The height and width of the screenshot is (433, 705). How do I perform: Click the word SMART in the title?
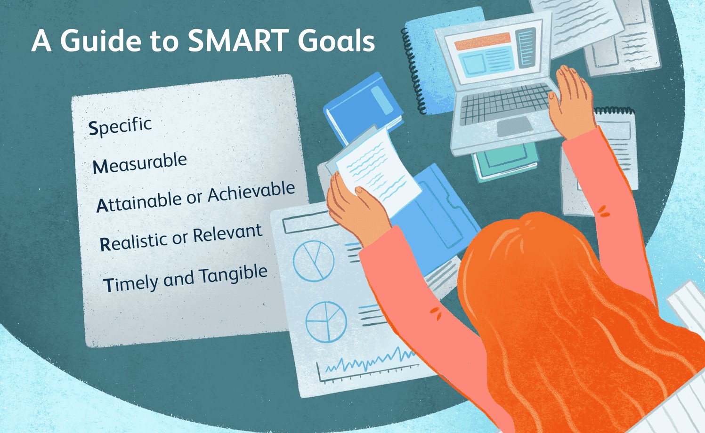click(239, 40)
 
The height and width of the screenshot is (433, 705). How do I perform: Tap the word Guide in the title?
click(101, 40)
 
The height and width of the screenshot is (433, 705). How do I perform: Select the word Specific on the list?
click(120, 126)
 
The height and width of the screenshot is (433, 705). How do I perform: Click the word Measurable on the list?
click(140, 163)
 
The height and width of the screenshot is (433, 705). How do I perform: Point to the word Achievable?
click(251, 192)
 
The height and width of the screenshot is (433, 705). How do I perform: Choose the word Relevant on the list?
click(227, 234)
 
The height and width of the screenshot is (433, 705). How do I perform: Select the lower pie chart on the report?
click(326, 321)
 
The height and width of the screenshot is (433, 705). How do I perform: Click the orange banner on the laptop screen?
click(483, 41)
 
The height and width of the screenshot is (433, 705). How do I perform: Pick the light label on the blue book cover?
click(382, 100)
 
